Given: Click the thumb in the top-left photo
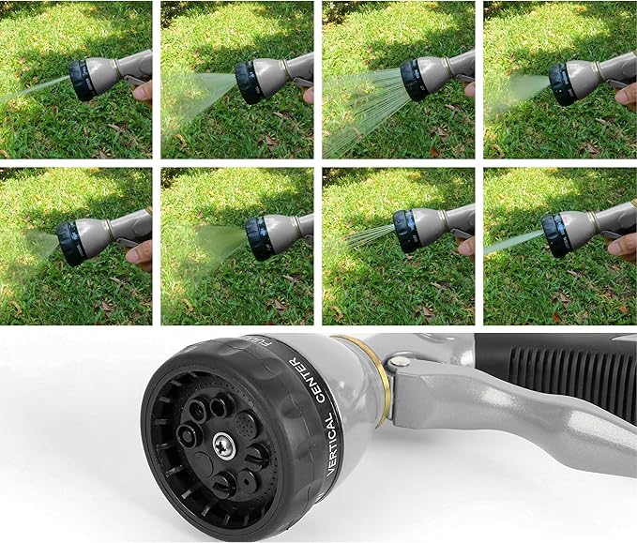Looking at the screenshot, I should [142, 91].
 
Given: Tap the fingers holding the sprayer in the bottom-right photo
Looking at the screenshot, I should [622, 246].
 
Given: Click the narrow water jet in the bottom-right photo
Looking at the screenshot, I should [511, 243].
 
